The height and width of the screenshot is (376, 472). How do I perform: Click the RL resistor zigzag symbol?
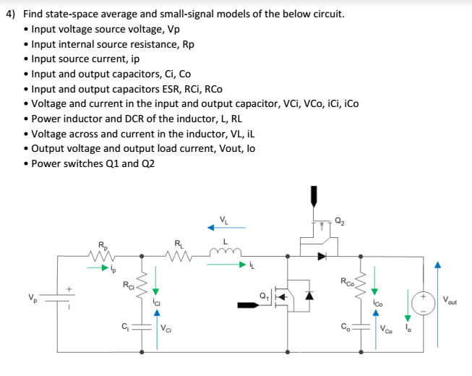177,255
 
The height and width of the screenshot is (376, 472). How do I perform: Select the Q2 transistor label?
340,222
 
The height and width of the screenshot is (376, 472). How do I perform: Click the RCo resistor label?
346,281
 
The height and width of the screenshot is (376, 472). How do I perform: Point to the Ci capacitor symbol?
141,329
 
